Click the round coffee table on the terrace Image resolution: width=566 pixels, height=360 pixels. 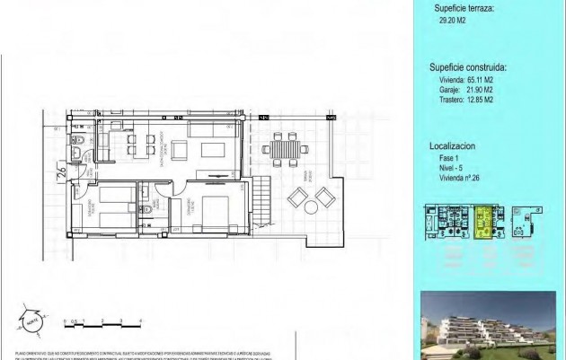coord(310,206)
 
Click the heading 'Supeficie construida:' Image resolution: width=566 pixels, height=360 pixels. coord(467,66)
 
